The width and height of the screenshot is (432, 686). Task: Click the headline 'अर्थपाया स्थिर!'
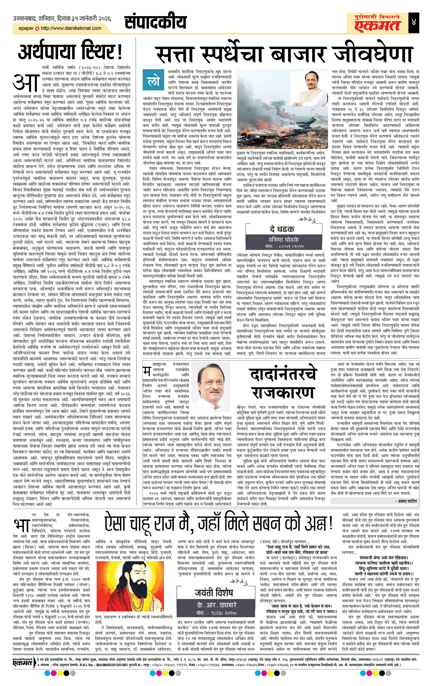click(70, 52)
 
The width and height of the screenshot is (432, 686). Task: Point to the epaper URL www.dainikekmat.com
click(71, 28)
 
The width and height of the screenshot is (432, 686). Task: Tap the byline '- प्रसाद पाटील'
click(406, 501)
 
